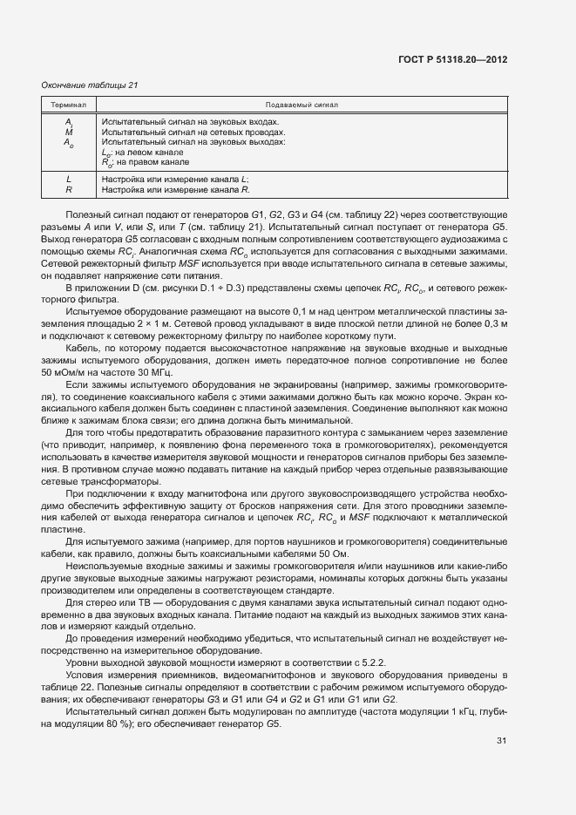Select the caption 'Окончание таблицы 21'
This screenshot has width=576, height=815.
point(90,85)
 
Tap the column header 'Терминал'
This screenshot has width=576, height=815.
point(69,105)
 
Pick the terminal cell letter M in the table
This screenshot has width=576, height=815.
point(69,132)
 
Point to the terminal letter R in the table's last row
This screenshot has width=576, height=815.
point(69,189)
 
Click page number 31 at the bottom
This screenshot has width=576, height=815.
point(501,741)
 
